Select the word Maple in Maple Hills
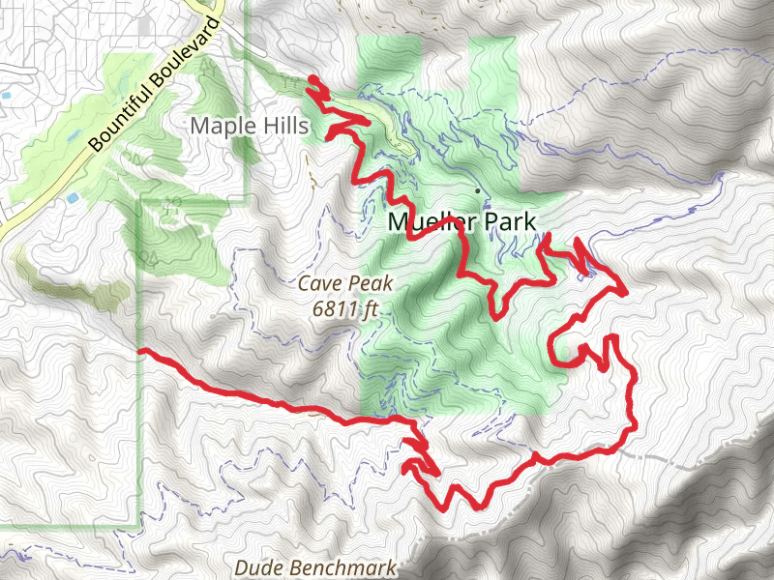point(220,126)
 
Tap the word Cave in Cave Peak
point(318,284)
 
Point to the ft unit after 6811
point(369,310)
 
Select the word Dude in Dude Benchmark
point(255,566)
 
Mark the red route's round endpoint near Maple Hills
point(313,80)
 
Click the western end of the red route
point(142,351)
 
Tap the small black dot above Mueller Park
point(476,190)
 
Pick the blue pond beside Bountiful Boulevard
point(74,197)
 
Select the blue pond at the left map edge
point(5,97)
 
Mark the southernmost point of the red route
point(446,508)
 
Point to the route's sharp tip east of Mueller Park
point(626,290)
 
